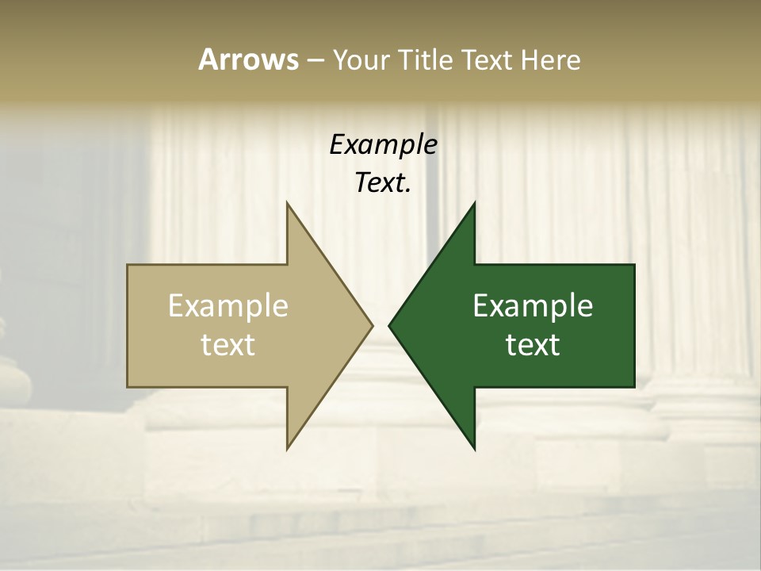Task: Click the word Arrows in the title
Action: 248,59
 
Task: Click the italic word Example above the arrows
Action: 383,144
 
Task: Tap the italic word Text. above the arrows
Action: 383,183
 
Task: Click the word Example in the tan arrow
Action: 228,305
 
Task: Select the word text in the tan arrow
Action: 228,344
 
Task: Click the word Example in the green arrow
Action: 533,305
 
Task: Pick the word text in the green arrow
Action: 533,344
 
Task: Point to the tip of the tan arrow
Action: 373,325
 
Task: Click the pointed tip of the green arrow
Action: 389,325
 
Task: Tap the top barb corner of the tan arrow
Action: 287,202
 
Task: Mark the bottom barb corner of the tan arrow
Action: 287,449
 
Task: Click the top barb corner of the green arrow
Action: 474,202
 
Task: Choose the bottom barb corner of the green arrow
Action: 474,449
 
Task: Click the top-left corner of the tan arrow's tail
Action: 128,265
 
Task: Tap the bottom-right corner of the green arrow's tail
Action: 634,387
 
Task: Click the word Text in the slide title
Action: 488,59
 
